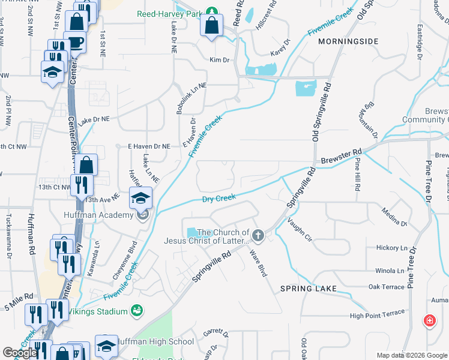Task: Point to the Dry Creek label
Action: (x=218, y=199)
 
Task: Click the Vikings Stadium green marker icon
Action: (x=137, y=310)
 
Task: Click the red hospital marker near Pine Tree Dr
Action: (x=429, y=320)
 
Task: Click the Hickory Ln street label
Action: (x=391, y=248)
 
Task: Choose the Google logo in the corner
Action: (x=20, y=353)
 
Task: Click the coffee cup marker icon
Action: (x=76, y=42)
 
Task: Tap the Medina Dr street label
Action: (x=394, y=217)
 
